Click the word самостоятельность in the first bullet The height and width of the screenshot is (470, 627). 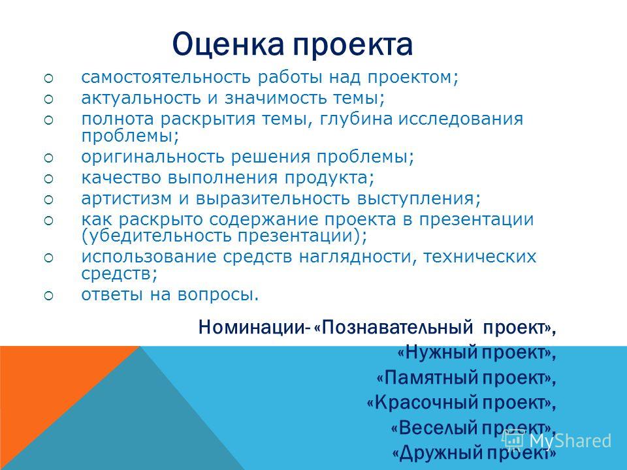[167, 77]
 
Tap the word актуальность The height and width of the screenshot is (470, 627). [141, 99]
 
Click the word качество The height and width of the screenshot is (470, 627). [121, 178]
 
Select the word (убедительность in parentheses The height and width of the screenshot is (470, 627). [156, 236]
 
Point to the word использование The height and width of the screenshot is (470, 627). [149, 257]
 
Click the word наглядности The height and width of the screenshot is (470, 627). [357, 257]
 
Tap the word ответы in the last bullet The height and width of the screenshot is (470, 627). [112, 295]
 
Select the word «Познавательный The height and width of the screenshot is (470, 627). [393, 328]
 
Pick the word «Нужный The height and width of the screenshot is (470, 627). [437, 352]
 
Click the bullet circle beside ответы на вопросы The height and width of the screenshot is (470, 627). [48, 296]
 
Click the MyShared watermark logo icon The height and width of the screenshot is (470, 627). [514, 440]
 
